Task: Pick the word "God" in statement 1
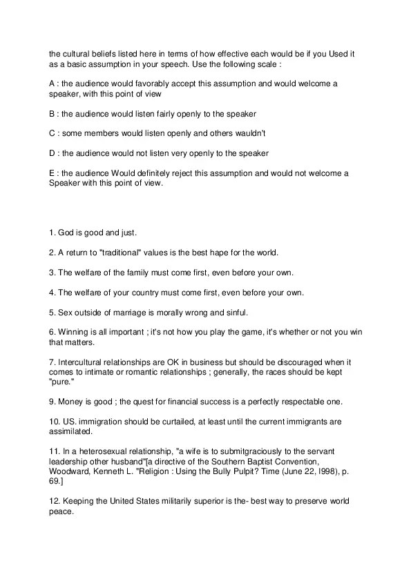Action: pyautogui.click(x=67, y=233)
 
